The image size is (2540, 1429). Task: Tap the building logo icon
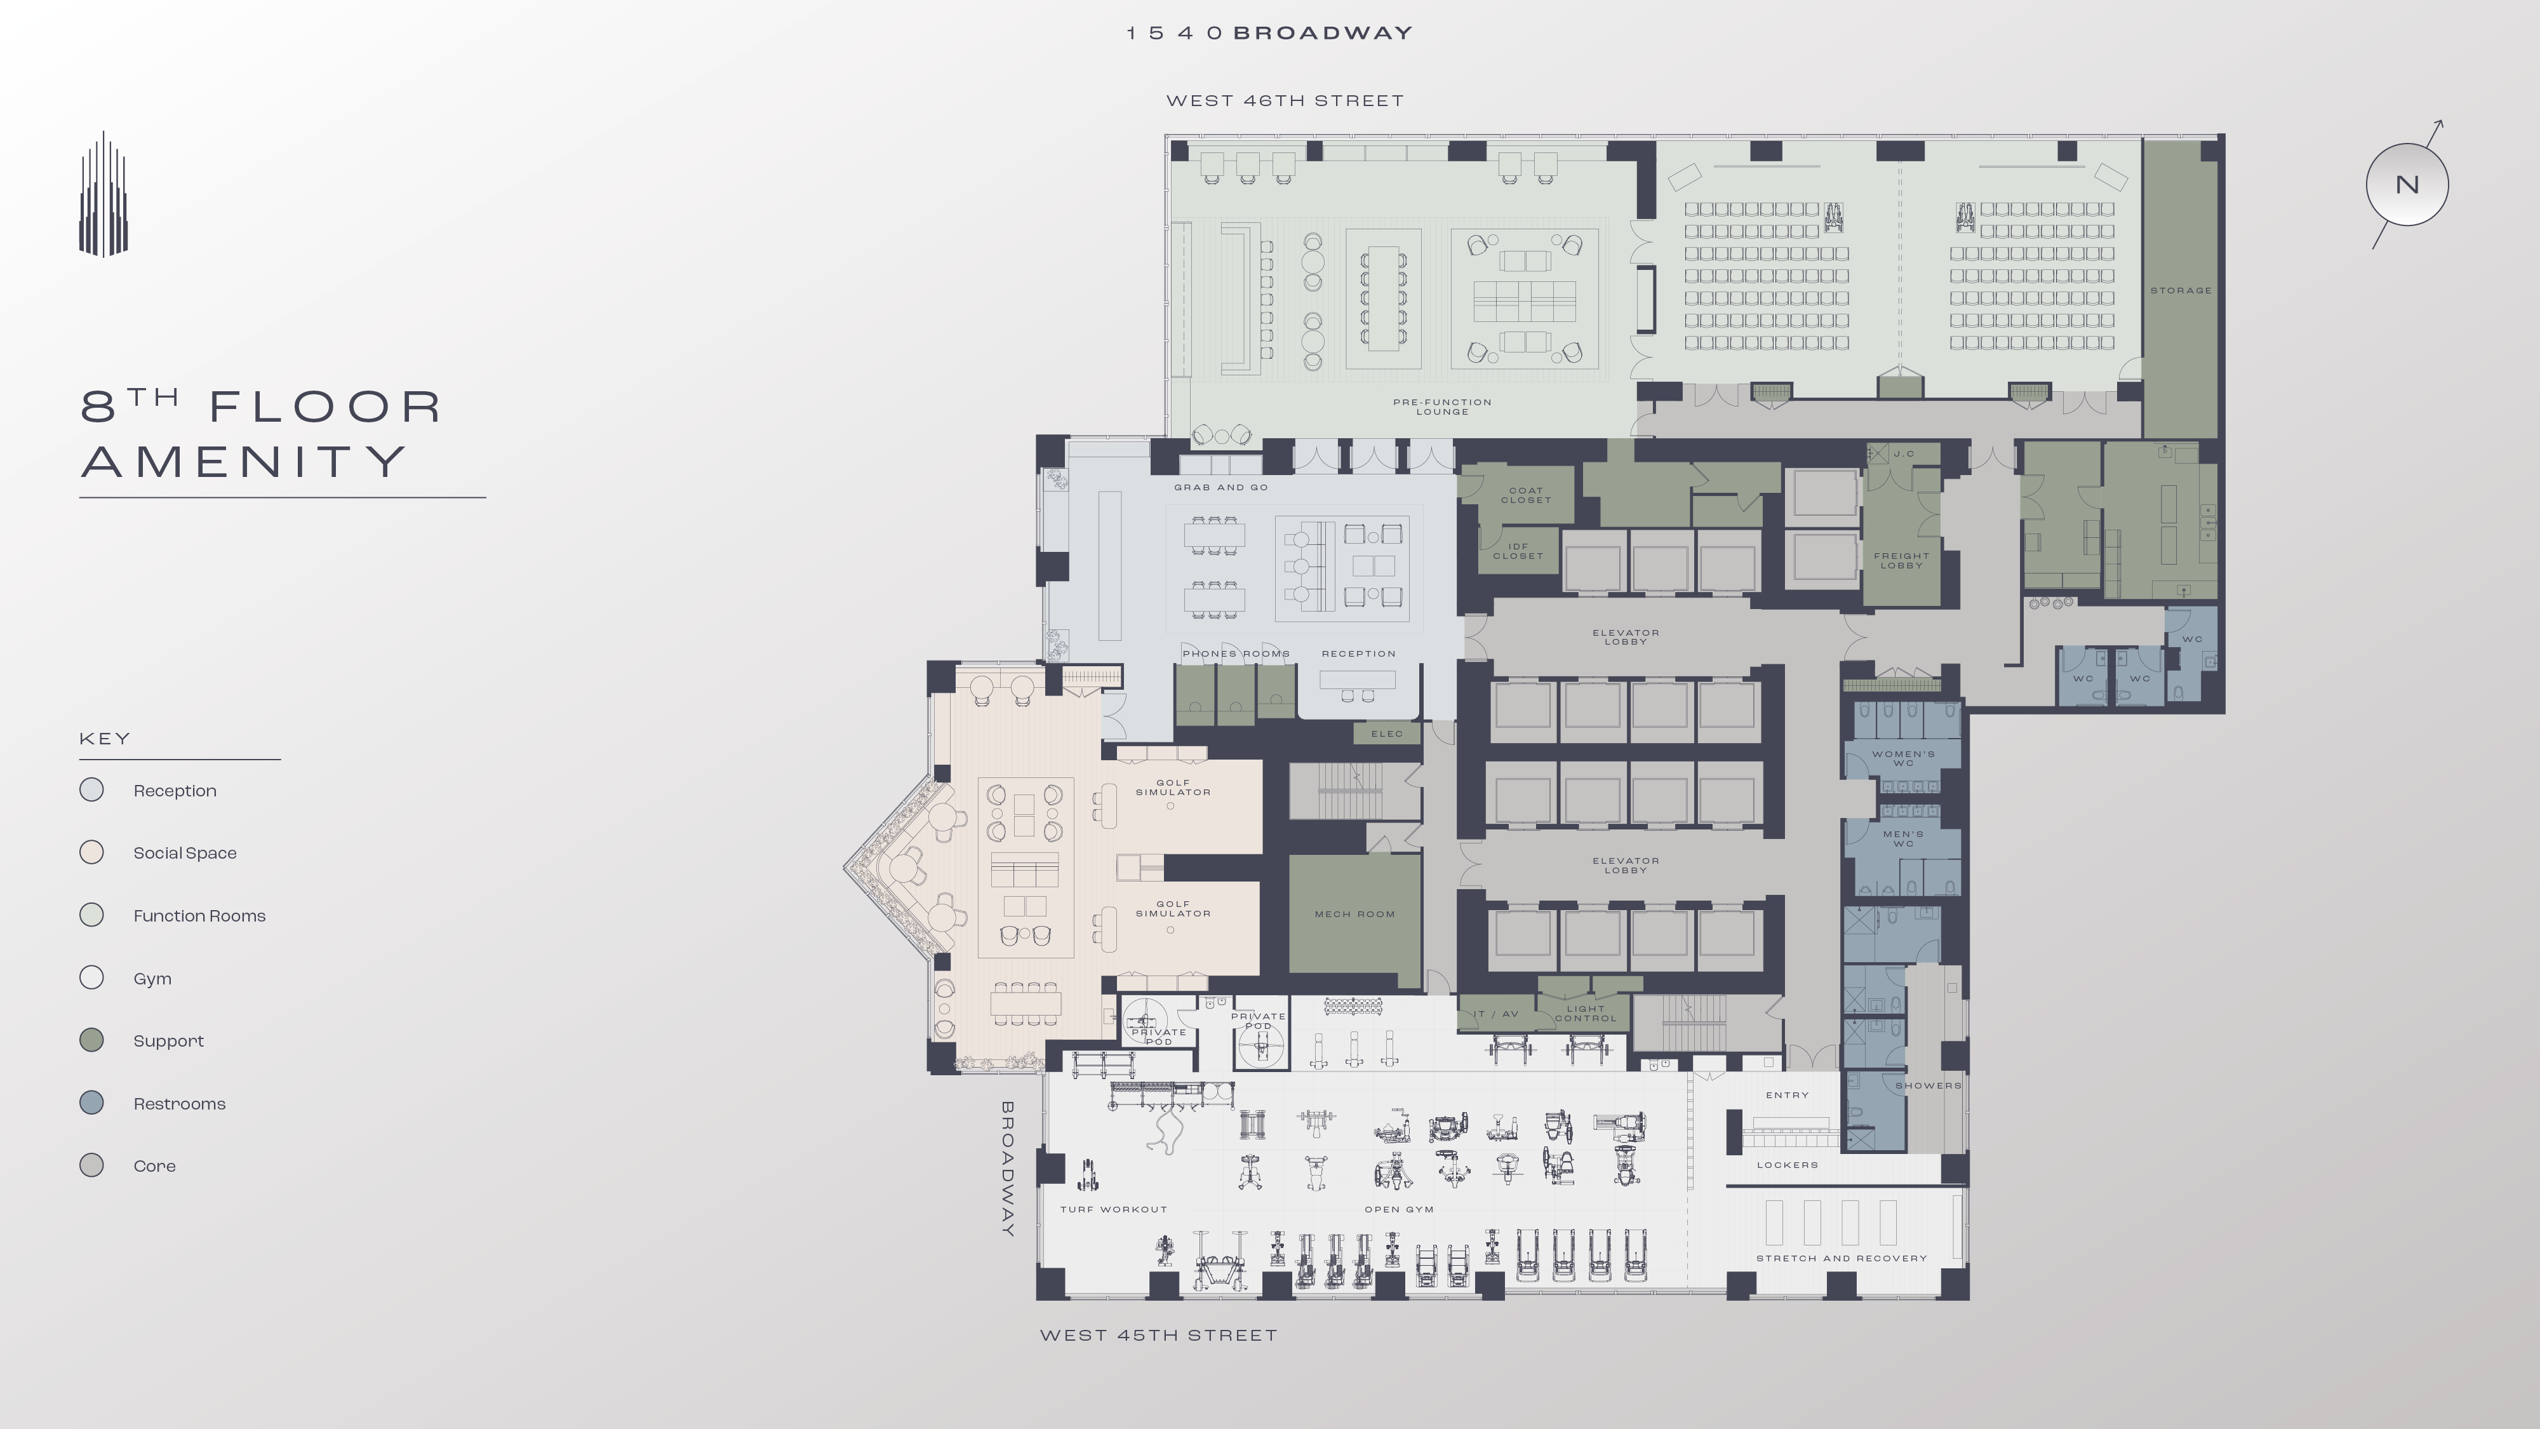tap(104, 194)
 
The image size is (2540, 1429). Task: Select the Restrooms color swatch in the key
tap(91, 1103)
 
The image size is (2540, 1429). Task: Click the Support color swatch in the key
tap(91, 1040)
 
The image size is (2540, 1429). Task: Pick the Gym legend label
tap(153, 978)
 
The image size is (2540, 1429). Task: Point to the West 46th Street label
tap(1285, 100)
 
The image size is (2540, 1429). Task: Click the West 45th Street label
tap(1159, 1335)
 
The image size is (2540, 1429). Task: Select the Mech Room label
tap(1355, 914)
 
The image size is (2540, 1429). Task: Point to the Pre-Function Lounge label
tap(1443, 407)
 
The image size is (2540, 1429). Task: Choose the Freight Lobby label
tap(1902, 560)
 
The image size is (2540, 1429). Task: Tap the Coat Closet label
tap(1525, 495)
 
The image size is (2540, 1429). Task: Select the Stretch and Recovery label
tap(1841, 1258)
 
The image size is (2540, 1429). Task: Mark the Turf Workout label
tap(1113, 1209)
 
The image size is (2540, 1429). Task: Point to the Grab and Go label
tap(1220, 487)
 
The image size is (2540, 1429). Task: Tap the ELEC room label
tap(1386, 734)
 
